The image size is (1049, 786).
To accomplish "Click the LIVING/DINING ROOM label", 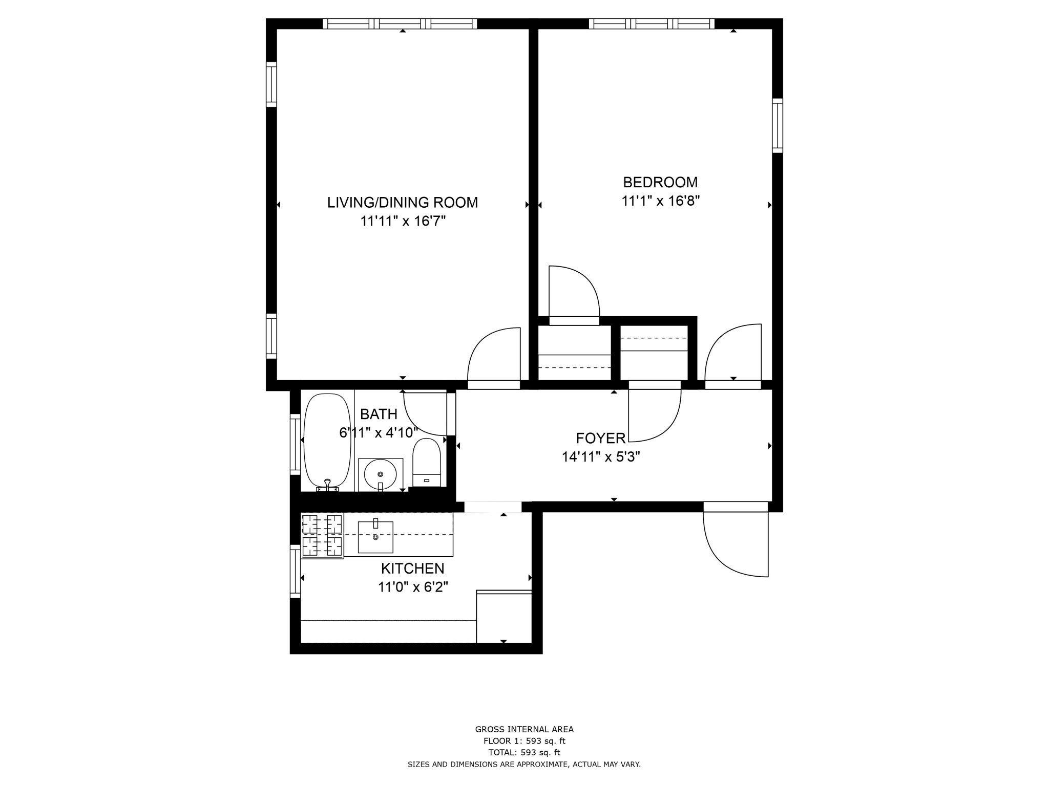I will [403, 203].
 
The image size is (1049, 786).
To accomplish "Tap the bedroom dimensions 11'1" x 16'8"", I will [660, 201].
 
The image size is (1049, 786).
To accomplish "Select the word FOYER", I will [600, 439].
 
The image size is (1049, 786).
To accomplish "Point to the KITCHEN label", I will [412, 569].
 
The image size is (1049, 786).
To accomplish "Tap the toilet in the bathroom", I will [427, 463].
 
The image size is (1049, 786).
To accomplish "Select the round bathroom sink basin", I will [380, 474].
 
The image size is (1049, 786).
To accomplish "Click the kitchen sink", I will [375, 537].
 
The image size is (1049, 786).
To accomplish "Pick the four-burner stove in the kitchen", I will [322, 535].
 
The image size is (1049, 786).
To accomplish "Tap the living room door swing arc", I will [493, 355].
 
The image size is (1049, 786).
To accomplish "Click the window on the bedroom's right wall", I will [777, 125].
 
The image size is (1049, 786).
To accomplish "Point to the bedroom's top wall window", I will [652, 24].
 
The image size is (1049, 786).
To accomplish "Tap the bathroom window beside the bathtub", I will [295, 444].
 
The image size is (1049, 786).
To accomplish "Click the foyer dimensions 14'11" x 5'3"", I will [600, 457].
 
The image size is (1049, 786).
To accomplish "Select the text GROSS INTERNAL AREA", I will [524, 729].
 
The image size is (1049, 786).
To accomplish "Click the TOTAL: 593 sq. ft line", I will [524, 752].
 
